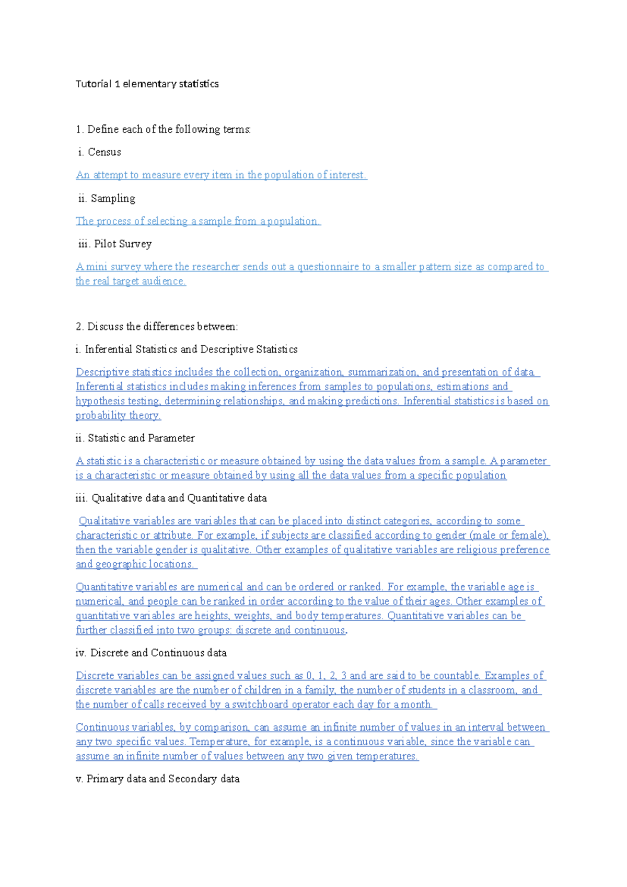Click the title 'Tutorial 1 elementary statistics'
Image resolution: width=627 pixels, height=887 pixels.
(x=147, y=84)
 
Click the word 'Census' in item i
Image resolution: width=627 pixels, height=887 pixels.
(x=104, y=152)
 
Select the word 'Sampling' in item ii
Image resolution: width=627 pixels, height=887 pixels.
(x=113, y=198)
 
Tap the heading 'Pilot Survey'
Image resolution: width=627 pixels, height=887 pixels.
(x=123, y=244)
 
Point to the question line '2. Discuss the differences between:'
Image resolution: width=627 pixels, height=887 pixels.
(x=157, y=326)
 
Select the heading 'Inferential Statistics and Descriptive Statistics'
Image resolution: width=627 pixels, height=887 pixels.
(x=191, y=349)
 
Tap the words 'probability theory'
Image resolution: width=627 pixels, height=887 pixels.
(x=118, y=415)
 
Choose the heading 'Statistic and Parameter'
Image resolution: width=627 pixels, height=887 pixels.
(x=141, y=438)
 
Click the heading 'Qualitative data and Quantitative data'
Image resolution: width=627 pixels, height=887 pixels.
(x=179, y=498)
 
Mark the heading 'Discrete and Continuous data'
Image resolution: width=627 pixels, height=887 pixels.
(x=158, y=653)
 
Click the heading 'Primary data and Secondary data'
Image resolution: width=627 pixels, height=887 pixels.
(x=163, y=779)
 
